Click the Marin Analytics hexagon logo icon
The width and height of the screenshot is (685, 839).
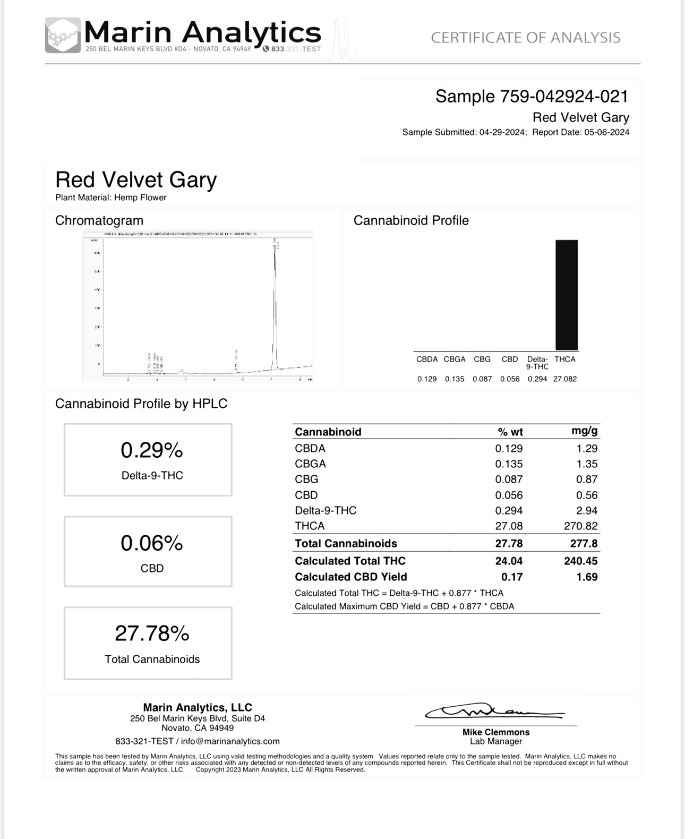[x=63, y=35]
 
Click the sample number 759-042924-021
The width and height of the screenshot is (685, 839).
[x=564, y=96]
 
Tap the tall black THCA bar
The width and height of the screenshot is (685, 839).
[x=566, y=295]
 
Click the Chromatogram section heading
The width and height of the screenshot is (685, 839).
[x=99, y=220]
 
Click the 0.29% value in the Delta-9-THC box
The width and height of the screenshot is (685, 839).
[x=151, y=450]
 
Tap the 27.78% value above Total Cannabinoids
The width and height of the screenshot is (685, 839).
[x=152, y=633]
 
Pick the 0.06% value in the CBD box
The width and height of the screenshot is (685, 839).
[x=151, y=543]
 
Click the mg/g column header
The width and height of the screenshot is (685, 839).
[x=584, y=431]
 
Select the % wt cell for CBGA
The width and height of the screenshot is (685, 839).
[x=509, y=464]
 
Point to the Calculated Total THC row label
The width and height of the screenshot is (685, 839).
[x=350, y=561]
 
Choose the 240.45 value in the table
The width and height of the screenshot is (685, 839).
[x=580, y=561]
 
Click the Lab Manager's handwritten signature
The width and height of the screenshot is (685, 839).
[x=494, y=712]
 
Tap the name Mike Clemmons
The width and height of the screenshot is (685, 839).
[x=496, y=732]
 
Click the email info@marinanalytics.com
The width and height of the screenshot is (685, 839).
[x=230, y=741]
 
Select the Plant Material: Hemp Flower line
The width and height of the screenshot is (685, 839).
[x=111, y=198]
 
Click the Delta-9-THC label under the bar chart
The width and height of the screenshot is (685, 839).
[x=537, y=363]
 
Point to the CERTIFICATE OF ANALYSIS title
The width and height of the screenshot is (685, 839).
[x=525, y=38]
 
